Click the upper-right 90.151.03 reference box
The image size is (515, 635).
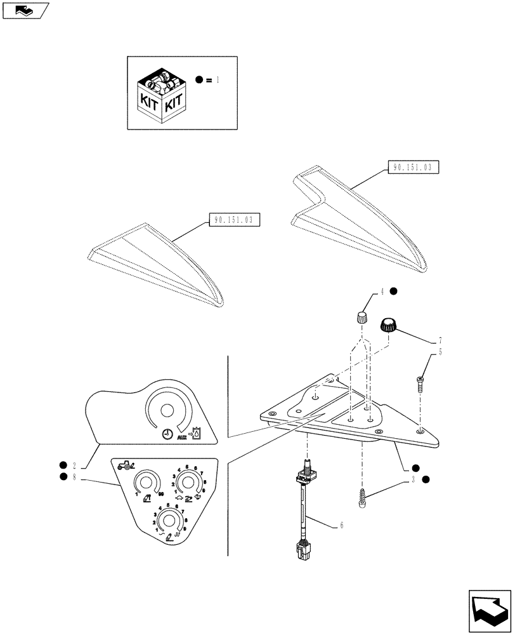tap(412, 168)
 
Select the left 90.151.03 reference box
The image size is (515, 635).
tap(235, 220)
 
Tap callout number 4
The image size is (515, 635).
tap(382, 292)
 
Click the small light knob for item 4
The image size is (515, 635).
tap(361, 317)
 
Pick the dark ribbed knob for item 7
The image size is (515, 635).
tap(388, 326)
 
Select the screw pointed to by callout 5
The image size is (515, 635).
tap(420, 384)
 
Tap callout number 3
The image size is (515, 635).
tap(413, 479)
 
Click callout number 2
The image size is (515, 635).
tap(75, 465)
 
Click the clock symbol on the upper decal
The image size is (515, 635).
tap(166, 434)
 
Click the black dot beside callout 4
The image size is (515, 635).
tap(393, 291)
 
